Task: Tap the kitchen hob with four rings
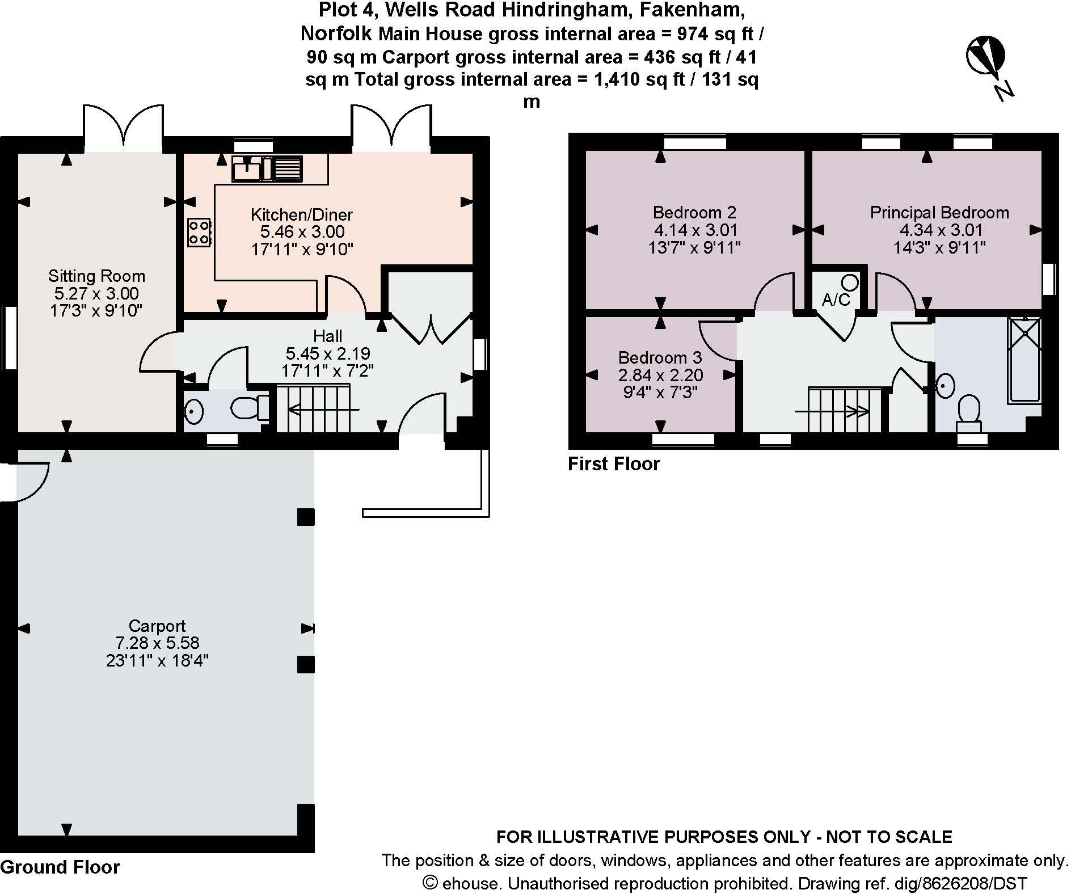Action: coord(199,233)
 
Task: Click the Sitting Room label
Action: coord(96,276)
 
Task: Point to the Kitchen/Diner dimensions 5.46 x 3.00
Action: coord(302,231)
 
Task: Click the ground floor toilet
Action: coord(250,407)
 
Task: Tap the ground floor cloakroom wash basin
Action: coord(193,411)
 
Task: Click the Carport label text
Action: coord(157,626)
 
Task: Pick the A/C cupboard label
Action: coord(836,300)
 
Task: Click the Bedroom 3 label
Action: coord(660,358)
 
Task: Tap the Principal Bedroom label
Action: coord(939,213)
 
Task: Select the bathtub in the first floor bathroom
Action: coord(1024,360)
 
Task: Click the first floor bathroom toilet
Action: coord(969,411)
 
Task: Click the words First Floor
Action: coord(614,464)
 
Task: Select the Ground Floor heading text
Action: coord(60,867)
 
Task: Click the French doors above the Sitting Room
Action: coord(123,129)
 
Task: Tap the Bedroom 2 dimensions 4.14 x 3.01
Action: coord(695,230)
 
